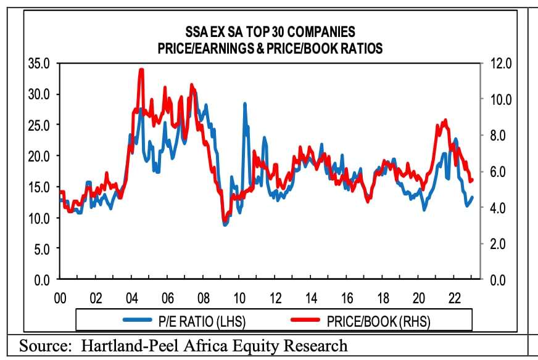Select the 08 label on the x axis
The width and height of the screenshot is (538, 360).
(x=204, y=298)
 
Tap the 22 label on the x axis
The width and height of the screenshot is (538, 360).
(x=455, y=298)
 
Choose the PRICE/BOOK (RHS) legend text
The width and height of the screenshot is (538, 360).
(x=379, y=320)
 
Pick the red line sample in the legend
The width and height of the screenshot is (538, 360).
(x=307, y=320)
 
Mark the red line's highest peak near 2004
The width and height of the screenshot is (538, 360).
(x=141, y=70)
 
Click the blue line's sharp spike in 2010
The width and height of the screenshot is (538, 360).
(x=244, y=104)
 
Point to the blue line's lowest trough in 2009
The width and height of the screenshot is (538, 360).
(x=225, y=225)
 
